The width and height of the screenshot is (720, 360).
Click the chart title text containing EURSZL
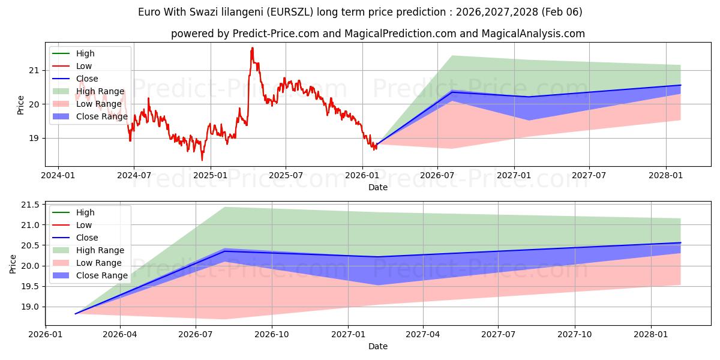click(x=360, y=12)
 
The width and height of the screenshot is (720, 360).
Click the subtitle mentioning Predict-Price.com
click(x=378, y=34)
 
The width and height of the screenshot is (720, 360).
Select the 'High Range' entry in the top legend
click(x=100, y=91)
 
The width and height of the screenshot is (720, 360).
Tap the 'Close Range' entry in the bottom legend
click(x=102, y=275)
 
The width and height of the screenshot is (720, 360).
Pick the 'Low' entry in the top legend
click(x=84, y=66)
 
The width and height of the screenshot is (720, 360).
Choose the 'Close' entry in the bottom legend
click(x=87, y=238)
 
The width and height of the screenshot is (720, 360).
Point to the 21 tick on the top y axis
click(x=34, y=70)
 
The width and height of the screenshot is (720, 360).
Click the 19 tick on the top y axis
click(x=34, y=138)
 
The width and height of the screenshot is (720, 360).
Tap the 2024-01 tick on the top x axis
click(x=58, y=175)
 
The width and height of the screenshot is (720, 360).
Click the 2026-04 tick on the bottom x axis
click(x=120, y=334)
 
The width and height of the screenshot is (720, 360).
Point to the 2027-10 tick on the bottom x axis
click(x=575, y=334)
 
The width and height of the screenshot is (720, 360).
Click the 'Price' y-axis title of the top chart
click(x=21, y=105)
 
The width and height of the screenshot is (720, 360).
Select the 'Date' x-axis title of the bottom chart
click(x=378, y=346)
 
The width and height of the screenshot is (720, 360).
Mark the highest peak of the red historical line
click(x=252, y=47)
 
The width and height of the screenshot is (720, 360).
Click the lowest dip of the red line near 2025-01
click(x=202, y=160)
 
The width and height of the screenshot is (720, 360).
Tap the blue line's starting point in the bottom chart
click(x=76, y=314)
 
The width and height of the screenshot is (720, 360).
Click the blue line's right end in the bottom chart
click(x=680, y=242)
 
